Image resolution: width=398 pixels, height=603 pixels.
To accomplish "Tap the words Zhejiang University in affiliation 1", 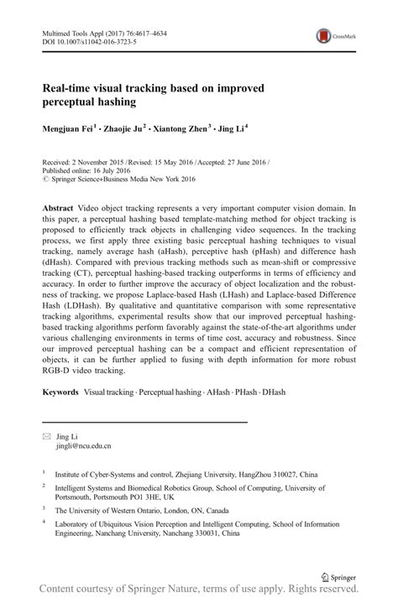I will coord(204,473).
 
